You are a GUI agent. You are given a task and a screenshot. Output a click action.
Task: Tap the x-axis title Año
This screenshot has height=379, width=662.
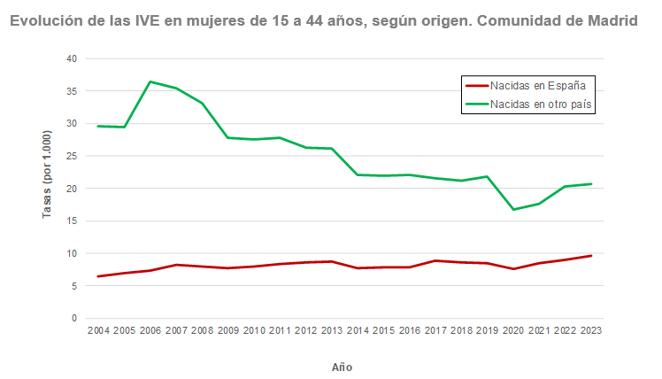[342, 367]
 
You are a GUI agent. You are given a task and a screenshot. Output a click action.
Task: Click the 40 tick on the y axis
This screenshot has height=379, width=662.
[72, 58]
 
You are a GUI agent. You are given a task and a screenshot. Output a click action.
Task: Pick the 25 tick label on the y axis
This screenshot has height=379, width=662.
[72, 156]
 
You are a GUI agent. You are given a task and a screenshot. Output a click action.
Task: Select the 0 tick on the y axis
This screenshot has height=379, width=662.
[74, 318]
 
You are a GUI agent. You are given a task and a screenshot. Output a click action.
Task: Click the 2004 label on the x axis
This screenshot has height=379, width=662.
[97, 330]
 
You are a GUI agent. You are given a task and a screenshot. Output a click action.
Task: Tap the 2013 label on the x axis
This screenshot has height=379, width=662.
[331, 330]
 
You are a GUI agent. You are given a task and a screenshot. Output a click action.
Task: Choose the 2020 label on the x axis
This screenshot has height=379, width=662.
[513, 330]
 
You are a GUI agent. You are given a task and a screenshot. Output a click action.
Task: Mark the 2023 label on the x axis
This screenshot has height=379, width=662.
[590, 330]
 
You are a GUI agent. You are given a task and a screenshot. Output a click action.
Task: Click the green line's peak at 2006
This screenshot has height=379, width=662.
[150, 81]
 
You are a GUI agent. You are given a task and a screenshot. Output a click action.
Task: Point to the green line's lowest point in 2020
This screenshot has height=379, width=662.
[513, 209]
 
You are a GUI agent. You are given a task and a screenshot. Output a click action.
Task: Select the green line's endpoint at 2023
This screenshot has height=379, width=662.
[590, 184]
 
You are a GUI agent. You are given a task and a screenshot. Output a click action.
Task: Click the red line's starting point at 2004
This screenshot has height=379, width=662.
[97, 276]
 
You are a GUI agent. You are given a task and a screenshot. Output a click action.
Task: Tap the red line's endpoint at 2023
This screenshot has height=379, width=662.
[590, 256]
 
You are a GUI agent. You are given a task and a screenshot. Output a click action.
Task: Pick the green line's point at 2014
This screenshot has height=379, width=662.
[358, 174]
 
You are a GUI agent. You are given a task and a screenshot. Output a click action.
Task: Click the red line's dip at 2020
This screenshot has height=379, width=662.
[513, 268]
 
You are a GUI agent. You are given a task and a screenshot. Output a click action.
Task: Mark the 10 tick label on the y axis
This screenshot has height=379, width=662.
[72, 253]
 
